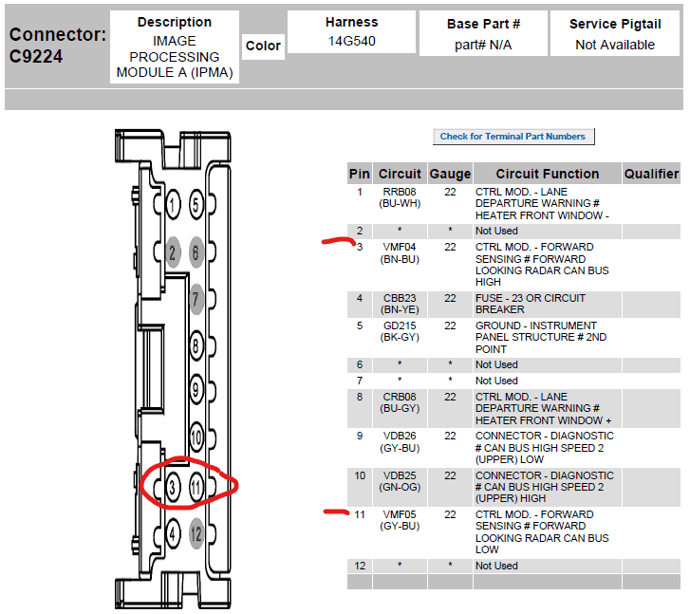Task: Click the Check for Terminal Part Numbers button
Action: tap(513, 137)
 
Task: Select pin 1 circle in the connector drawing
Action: tap(173, 205)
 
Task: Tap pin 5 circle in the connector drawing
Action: tap(196, 205)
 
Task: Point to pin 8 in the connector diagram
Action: tap(196, 346)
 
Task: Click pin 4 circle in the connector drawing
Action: tap(173, 534)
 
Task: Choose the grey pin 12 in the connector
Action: tap(196, 534)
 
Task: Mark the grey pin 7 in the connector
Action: tap(196, 299)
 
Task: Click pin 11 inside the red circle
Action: tap(196, 487)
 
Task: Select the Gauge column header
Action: tap(450, 174)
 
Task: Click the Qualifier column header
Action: tap(651, 174)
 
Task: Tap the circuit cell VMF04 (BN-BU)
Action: tap(400, 253)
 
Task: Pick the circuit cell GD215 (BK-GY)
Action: tap(400, 331)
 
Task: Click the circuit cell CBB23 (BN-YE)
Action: tap(400, 304)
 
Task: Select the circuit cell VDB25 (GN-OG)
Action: tap(400, 481)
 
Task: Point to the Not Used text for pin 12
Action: tap(496, 566)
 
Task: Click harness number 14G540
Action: tap(351, 42)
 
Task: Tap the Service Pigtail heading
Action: tap(615, 24)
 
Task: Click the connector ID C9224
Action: tap(36, 56)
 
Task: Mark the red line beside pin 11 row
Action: tap(337, 512)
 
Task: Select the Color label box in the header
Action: tap(263, 46)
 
